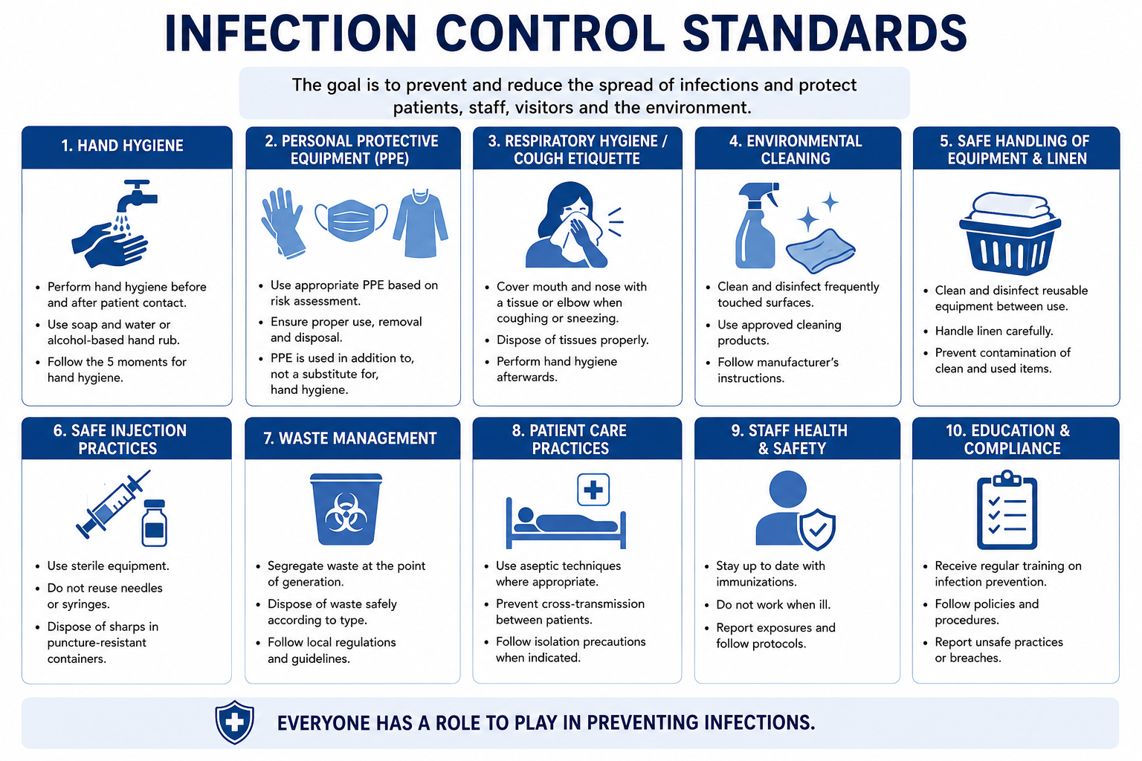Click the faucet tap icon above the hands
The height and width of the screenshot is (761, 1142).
point(135,195)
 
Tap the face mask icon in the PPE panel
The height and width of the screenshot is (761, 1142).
point(351,220)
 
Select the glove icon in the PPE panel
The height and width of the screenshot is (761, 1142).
point(283,223)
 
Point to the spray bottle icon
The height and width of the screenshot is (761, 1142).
point(757,225)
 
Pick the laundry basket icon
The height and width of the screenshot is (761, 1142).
point(1010,233)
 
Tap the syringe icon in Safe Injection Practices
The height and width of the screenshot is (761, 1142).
point(113,504)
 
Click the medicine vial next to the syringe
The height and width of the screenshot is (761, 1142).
point(154,523)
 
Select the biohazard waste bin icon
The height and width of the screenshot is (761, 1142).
point(346,508)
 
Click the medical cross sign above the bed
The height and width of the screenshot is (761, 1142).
point(593,489)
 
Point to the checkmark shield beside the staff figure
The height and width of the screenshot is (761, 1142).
point(817,529)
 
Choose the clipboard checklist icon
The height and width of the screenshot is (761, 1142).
point(1007,510)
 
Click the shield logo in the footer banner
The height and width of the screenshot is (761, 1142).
point(234,722)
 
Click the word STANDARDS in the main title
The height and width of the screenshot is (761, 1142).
point(825,33)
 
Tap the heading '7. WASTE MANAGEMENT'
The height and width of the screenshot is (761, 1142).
point(350,438)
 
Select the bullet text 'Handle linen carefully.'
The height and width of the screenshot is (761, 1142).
point(994,331)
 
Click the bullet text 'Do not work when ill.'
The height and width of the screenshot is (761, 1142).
point(773,604)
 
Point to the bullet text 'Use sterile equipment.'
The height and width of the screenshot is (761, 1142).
point(108,566)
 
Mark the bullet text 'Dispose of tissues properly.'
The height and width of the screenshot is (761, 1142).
point(572,340)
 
